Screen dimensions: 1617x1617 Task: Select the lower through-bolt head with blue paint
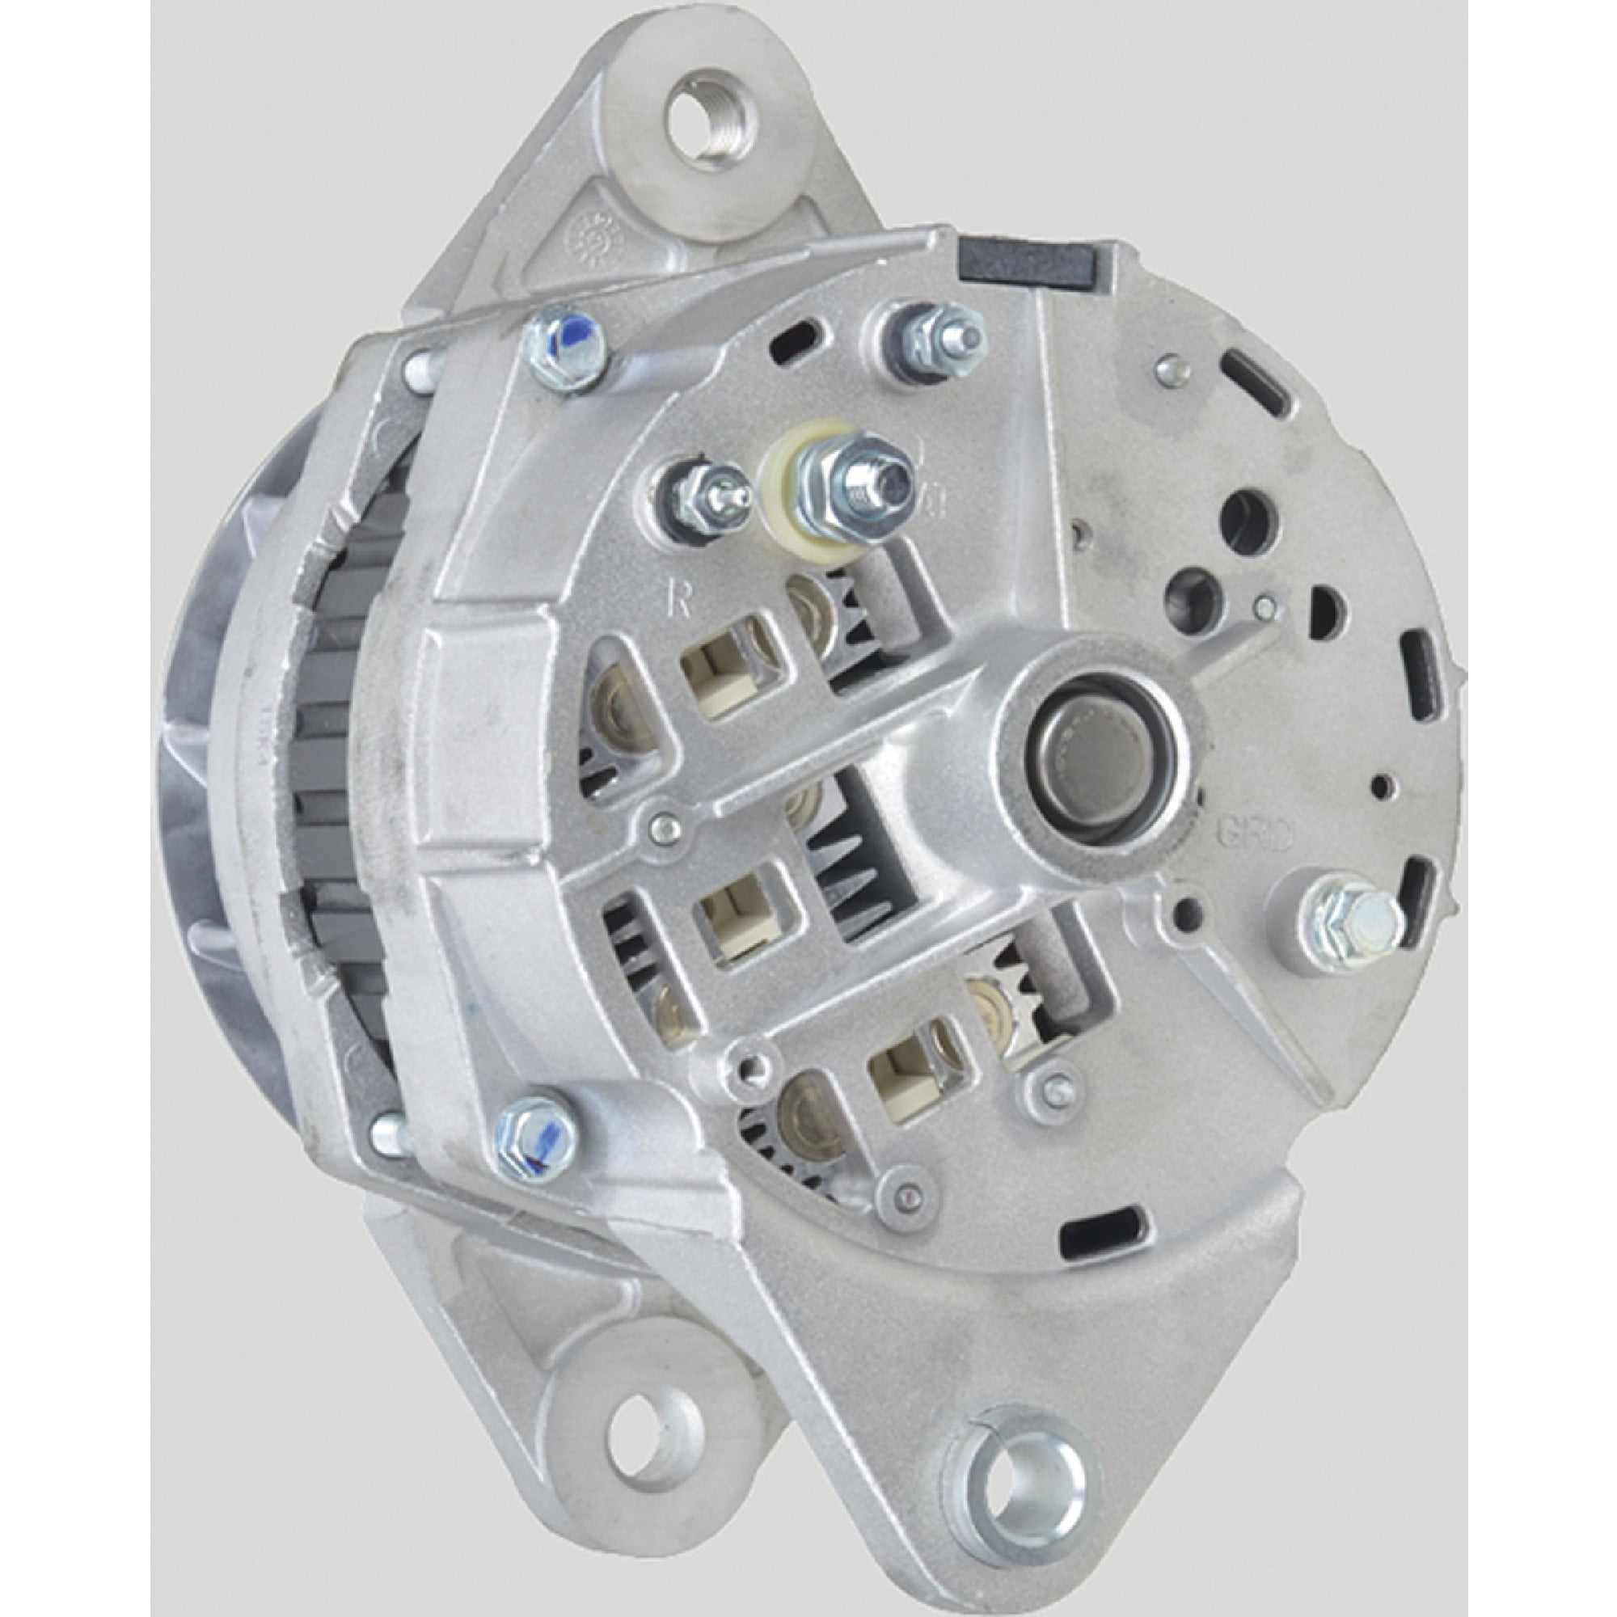537,1135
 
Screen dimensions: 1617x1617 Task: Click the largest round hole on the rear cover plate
1251,517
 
